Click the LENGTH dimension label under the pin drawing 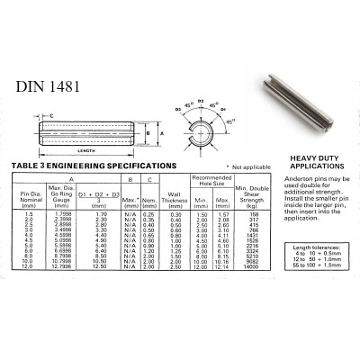coord(87,150)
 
